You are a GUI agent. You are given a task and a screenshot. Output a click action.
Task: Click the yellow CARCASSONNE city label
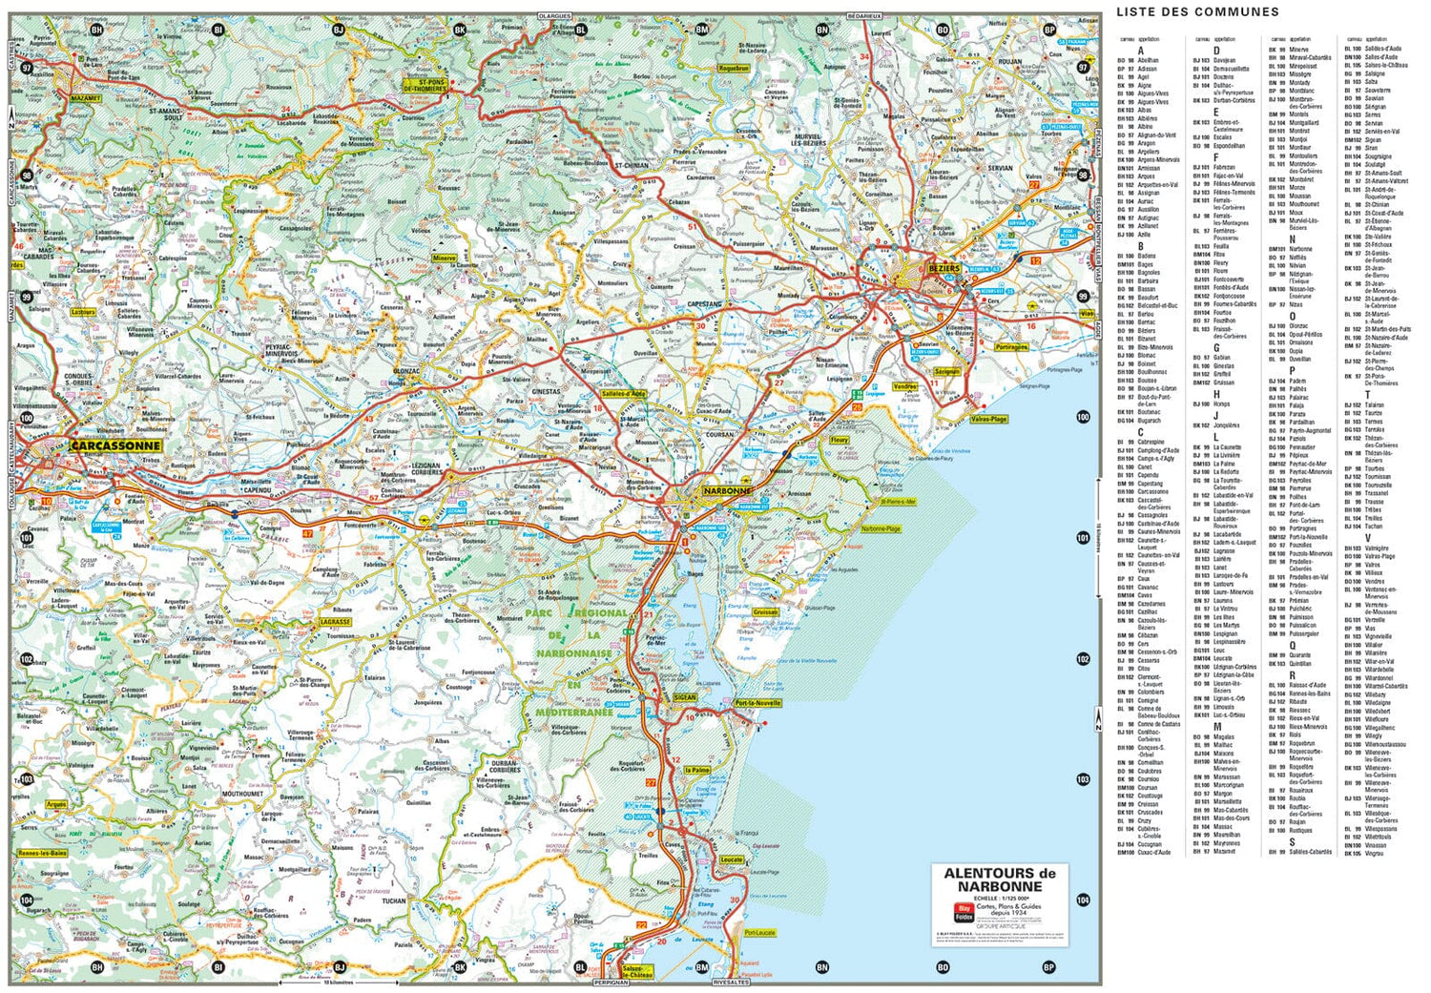point(115,445)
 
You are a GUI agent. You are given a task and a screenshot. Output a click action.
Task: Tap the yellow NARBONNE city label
point(728,490)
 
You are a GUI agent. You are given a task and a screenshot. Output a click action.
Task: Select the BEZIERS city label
point(944,269)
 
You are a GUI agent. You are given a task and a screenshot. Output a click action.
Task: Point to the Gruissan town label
point(765,612)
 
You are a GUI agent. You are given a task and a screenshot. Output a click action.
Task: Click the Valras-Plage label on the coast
point(988,419)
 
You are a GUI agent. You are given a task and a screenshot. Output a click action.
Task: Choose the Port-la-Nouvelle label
point(758,703)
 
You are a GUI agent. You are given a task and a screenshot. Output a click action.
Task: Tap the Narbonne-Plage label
point(881,528)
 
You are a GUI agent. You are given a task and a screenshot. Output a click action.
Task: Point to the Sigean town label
point(685,697)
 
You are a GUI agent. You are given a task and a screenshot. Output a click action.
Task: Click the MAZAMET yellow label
point(85,97)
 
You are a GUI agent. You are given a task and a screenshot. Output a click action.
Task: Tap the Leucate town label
point(731,859)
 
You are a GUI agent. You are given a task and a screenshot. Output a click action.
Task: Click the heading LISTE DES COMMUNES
point(1197,11)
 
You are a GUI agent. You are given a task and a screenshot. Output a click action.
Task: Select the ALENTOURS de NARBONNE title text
point(1000,879)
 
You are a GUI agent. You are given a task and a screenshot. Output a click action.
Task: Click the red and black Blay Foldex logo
point(964,911)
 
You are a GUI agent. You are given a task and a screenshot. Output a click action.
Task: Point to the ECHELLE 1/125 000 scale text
point(1001,898)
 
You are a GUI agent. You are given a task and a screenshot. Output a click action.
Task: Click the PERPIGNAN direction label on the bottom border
point(612,982)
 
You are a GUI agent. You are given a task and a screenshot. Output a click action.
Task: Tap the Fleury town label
point(840,440)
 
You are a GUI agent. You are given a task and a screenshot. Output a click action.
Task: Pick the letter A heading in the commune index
point(1140,51)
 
